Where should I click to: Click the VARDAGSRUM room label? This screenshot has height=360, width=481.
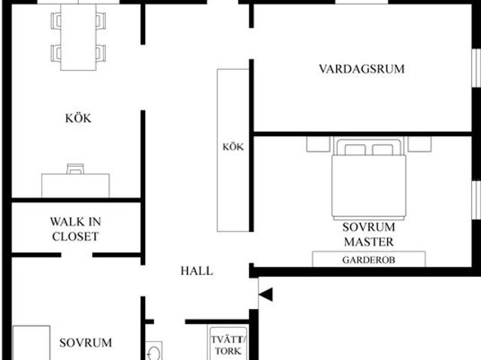[362, 69]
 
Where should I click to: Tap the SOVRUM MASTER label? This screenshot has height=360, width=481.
[369, 234]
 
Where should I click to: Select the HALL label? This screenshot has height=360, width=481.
[197, 271]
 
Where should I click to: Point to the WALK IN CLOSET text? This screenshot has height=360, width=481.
[75, 229]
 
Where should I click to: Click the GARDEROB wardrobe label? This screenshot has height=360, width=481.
[369, 260]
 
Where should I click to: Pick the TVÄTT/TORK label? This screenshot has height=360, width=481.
[228, 345]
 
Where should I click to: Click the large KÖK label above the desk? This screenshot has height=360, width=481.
[78, 118]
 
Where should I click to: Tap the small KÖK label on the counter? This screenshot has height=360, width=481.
[233, 147]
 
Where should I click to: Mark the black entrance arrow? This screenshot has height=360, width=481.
[265, 295]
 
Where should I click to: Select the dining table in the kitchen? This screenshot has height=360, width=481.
[78, 37]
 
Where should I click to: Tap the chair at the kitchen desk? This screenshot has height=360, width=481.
[75, 169]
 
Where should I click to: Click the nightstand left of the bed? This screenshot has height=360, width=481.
[319, 144]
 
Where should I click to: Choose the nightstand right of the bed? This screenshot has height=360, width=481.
[419, 144]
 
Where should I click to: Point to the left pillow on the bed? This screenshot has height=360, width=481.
[355, 150]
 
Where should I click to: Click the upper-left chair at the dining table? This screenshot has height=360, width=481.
[56, 21]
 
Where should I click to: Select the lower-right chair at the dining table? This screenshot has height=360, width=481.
[101, 53]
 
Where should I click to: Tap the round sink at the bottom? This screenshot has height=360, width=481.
[154, 353]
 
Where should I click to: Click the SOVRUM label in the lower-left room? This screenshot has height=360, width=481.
[86, 343]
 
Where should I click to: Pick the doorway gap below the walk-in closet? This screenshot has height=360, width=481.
[77, 255]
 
